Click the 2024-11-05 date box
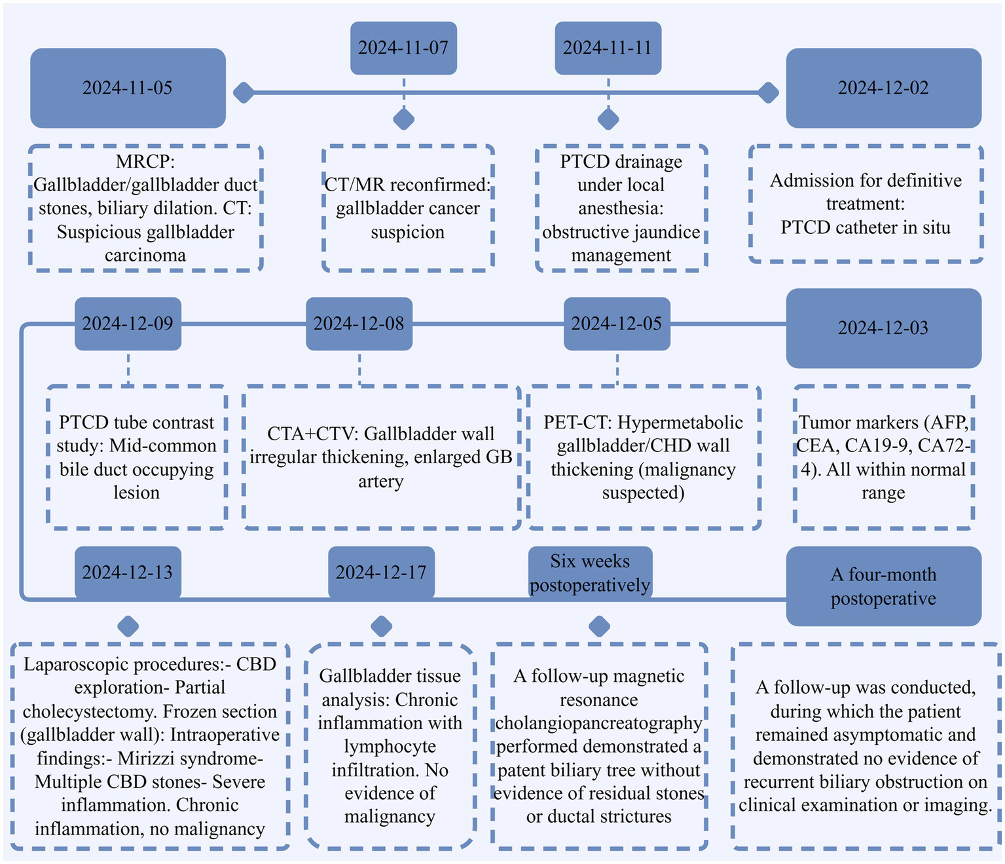point(128,88)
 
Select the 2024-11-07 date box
point(403,48)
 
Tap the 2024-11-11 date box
point(608,48)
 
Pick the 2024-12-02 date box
point(883,88)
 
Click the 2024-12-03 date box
point(883,328)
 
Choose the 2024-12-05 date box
point(617,324)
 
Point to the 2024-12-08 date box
point(359,324)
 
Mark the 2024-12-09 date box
point(128,324)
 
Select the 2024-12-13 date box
point(128,572)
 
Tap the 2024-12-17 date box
point(381,572)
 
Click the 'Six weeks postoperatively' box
point(590,572)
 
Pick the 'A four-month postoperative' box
point(883,586)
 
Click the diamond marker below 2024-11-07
point(403,119)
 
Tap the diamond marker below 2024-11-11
point(608,119)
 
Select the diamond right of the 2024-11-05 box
point(244,93)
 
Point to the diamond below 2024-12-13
point(128,626)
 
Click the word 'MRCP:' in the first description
point(145,161)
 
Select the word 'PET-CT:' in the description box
point(577,423)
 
